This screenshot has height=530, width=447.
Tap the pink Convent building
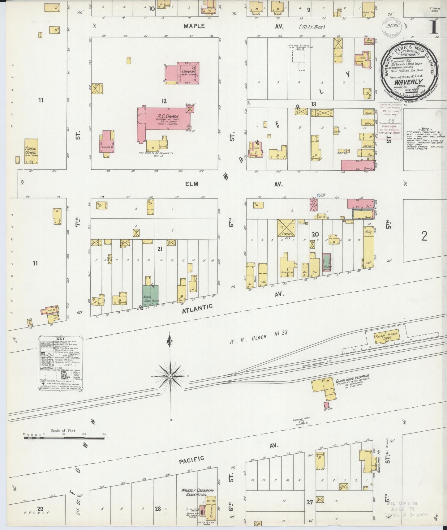click(188, 73)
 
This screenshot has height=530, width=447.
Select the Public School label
click(31, 151)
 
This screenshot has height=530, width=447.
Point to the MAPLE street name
click(194, 26)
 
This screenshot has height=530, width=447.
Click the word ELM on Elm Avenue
click(191, 184)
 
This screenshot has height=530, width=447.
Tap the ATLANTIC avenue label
click(197, 309)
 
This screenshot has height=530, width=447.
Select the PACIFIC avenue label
click(191, 460)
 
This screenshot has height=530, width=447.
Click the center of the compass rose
click(170, 376)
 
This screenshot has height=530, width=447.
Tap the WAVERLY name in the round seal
click(411, 82)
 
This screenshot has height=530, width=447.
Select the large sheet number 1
click(433, 27)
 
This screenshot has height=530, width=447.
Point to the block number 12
click(164, 100)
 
